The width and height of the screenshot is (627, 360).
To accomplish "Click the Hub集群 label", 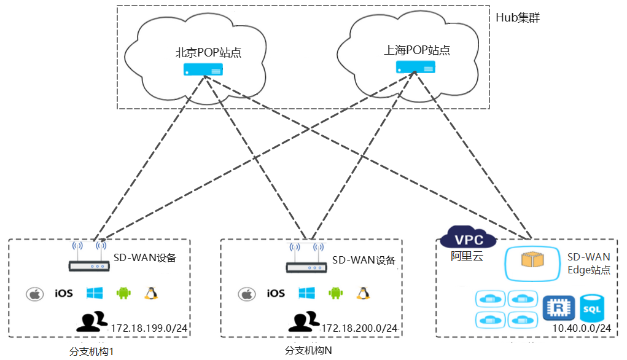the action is (518, 18).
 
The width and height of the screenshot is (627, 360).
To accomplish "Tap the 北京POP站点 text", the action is (208, 52).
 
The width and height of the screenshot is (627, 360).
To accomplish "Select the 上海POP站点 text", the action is (416, 50).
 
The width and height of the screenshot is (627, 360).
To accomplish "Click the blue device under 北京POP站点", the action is (203, 69).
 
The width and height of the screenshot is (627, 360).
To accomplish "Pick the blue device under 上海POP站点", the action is (416, 67).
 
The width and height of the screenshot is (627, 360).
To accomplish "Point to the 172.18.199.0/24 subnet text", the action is (149, 328).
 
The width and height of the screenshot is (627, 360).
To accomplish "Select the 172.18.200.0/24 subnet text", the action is (359, 328).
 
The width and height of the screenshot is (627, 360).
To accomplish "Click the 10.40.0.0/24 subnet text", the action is (582, 328).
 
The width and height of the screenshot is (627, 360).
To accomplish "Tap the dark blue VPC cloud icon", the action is (468, 237).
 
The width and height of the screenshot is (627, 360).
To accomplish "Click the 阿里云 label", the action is (467, 256).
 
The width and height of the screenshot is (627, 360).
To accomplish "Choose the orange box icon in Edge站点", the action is (532, 260).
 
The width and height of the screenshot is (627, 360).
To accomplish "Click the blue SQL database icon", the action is (592, 308).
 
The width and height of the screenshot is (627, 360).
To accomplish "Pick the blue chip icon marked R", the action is (559, 308).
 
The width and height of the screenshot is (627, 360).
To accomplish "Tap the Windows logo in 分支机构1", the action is (95, 293).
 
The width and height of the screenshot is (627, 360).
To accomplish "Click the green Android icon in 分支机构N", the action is (335, 293).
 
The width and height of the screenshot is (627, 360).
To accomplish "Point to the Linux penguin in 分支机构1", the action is (150, 293).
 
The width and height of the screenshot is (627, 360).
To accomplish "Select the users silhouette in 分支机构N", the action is (304, 321).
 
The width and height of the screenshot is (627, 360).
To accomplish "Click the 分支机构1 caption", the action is (92, 351).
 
